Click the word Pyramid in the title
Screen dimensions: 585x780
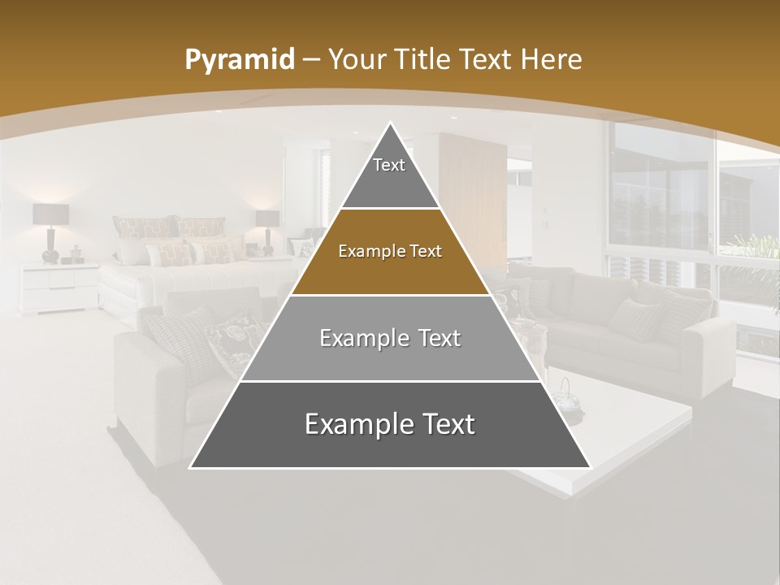(239, 60)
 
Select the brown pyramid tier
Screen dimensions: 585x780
(389, 252)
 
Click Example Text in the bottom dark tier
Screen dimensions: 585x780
(389, 424)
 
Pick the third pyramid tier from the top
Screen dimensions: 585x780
(389, 338)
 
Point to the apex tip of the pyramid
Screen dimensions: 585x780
(390, 124)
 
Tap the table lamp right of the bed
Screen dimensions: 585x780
(267, 227)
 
